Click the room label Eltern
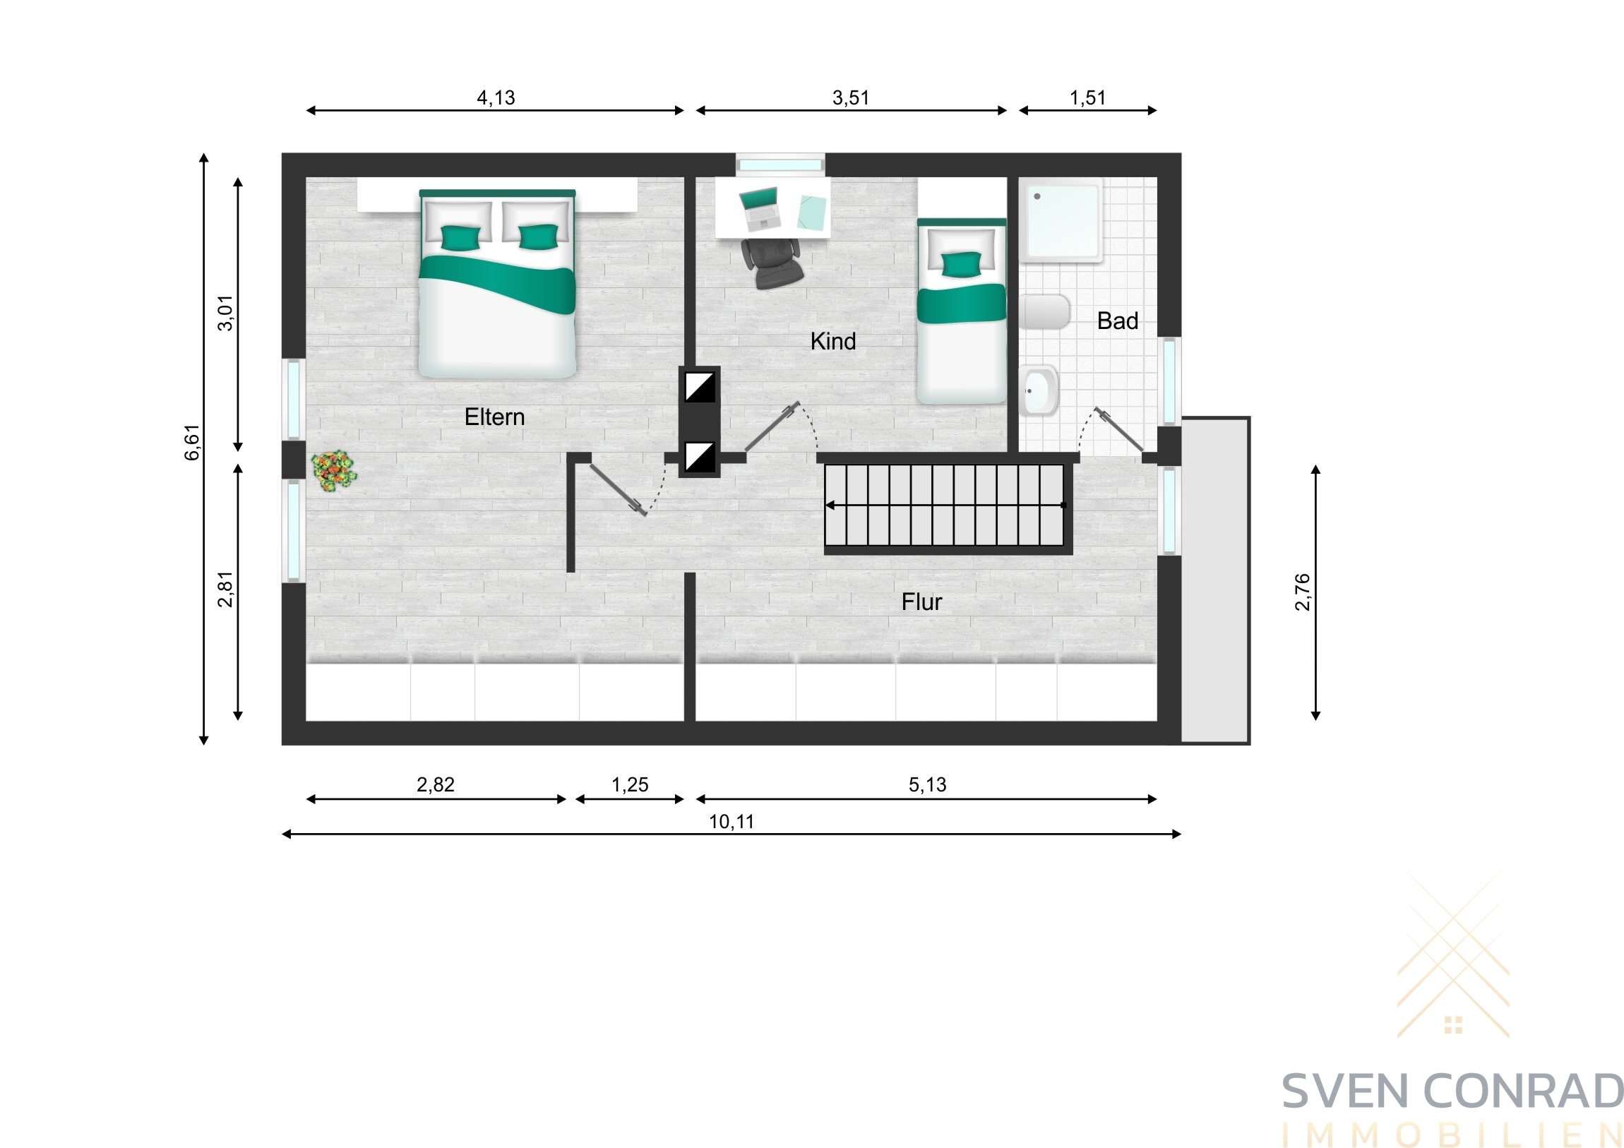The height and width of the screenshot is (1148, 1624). pos(494,417)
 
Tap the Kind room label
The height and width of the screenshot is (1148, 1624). pos(833,342)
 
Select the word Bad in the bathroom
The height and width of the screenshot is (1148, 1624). pos(1118,321)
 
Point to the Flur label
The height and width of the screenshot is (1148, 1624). pos(921,602)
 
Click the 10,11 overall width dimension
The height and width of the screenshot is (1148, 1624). pos(732,822)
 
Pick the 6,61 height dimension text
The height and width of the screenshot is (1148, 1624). pos(192,443)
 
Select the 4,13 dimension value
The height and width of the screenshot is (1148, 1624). pos(496,97)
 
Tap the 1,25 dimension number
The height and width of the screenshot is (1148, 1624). pos(630,785)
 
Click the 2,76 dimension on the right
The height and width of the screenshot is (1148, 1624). pos(1302,592)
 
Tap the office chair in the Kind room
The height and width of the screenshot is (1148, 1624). pos(772,263)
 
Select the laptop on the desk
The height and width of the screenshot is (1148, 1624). pos(760,208)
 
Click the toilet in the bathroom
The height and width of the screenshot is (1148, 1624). pos(1045,312)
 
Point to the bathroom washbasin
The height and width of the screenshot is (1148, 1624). pos(1039,390)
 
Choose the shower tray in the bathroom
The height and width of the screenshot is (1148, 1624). pos(1061,220)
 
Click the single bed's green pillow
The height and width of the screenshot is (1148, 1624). pos(961,264)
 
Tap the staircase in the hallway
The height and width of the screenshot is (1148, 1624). pos(945,505)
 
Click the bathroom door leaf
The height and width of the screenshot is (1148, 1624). pos(1119,430)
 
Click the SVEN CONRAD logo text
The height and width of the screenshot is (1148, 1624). pos(1452,1092)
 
